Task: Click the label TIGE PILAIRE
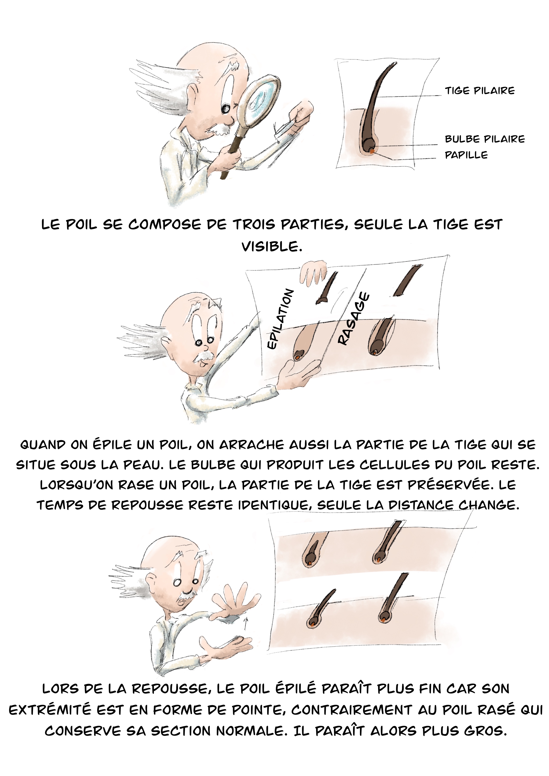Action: [480, 90]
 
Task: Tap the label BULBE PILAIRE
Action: [485, 139]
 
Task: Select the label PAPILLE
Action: [466, 155]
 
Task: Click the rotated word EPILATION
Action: [280, 319]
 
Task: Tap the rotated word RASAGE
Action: [354, 319]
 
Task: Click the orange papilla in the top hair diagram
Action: [371, 152]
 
